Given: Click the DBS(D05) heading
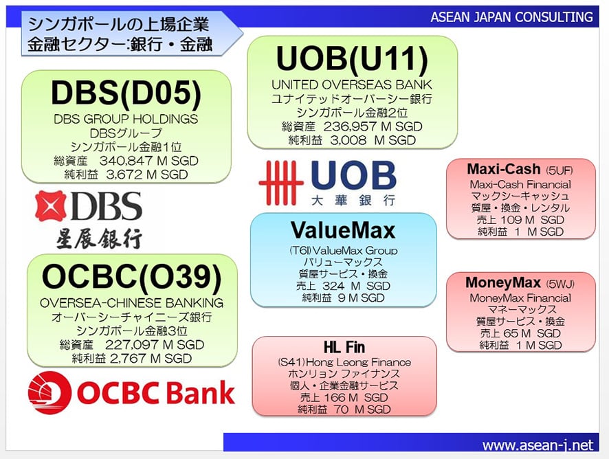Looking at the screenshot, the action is click(126, 93).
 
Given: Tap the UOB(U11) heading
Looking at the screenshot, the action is click(352, 59).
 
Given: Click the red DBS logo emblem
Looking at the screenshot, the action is click(50, 206).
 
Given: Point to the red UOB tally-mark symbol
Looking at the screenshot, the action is click(281, 183).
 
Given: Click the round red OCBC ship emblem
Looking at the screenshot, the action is click(49, 392).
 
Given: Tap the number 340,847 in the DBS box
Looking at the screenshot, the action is click(124, 161).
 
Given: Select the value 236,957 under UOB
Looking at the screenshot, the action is click(348, 126).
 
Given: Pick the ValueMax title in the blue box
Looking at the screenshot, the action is click(343, 230).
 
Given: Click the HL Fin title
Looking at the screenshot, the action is click(344, 347).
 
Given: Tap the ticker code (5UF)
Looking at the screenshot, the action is click(559, 170).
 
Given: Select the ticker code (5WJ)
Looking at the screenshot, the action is click(560, 284).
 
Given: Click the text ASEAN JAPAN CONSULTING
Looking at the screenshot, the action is click(512, 17).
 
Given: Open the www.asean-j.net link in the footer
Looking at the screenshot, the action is click(538, 445).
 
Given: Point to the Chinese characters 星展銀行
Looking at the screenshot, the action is click(99, 238).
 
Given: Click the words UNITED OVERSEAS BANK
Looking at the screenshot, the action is click(351, 85).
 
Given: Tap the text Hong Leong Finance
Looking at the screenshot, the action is click(359, 362).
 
